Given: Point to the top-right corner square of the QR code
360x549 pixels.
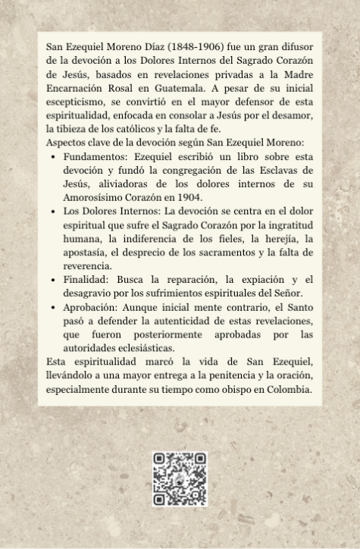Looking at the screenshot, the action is click(199, 460).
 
